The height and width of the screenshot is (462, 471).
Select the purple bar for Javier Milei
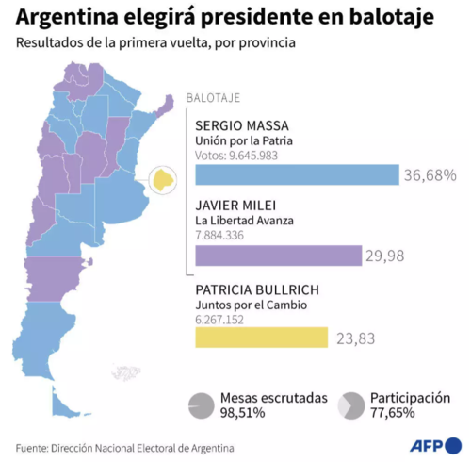point(278,256)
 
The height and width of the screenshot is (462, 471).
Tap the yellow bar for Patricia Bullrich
point(261,337)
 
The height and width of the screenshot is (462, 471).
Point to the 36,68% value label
point(430,174)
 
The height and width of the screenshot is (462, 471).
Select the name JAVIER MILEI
point(235,205)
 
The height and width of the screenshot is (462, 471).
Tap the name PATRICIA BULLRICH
point(256,288)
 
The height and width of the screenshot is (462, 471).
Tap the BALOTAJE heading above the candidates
point(214,98)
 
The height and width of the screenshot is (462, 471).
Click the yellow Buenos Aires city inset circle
point(163,178)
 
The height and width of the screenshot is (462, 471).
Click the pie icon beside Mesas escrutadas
point(201,405)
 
